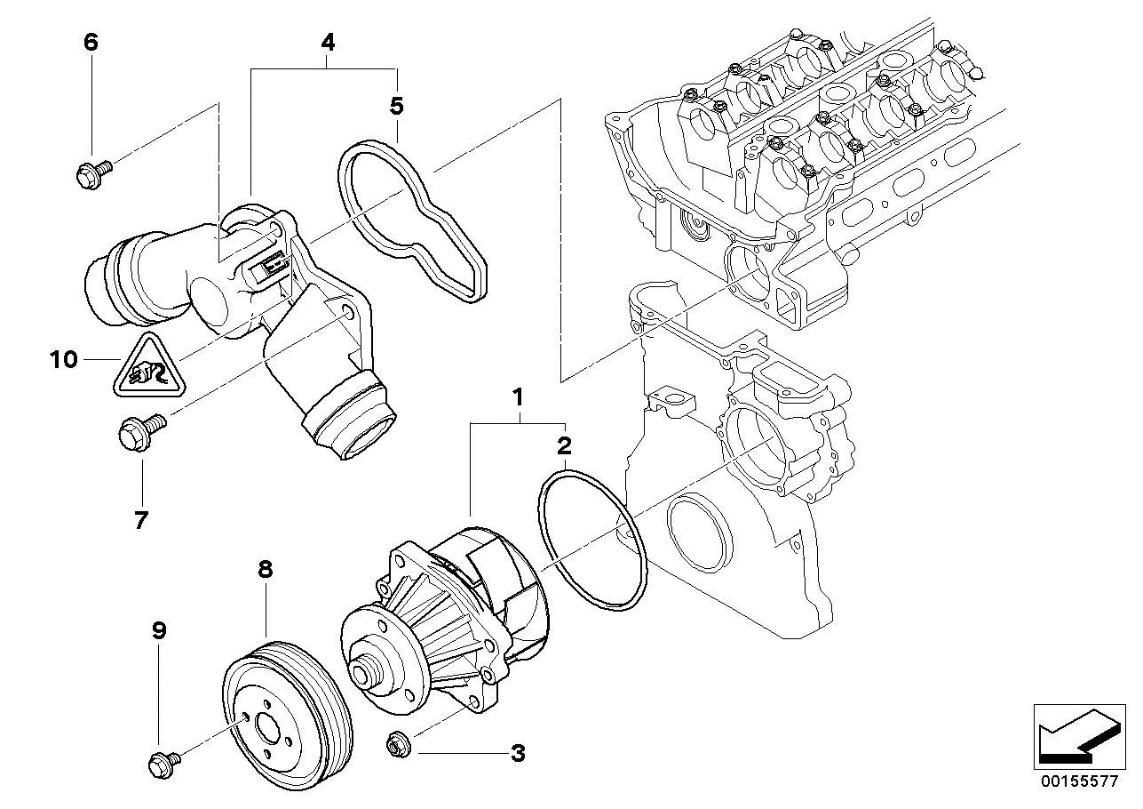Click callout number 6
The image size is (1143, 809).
(91, 42)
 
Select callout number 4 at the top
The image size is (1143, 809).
(328, 42)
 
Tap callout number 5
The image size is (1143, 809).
(396, 107)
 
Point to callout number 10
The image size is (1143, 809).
(64, 360)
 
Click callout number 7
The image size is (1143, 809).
(140, 519)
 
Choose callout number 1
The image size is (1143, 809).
(517, 397)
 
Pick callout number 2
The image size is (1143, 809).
(564, 445)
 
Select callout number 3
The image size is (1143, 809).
(517, 755)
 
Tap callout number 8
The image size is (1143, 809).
(265, 570)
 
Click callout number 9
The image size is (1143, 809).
(158, 631)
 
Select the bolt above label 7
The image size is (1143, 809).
(139, 435)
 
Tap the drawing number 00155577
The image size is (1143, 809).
(1081, 781)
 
